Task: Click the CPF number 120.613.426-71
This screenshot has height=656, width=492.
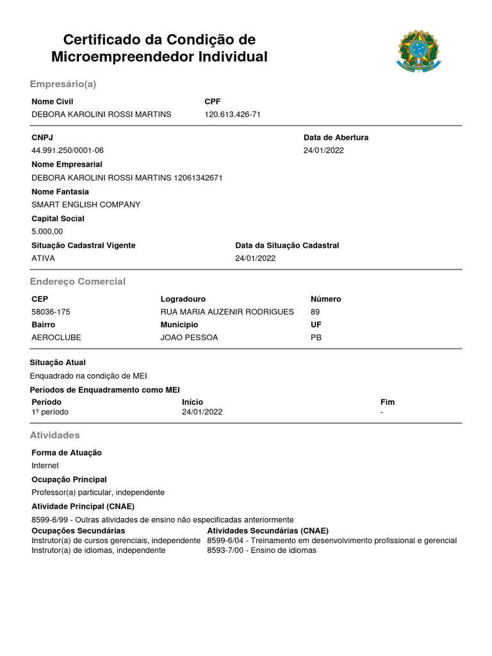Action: tap(232, 115)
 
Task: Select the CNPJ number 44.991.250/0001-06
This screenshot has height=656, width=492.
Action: tap(67, 151)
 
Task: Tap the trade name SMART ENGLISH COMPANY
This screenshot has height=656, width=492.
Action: tap(86, 205)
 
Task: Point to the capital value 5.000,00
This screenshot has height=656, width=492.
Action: tap(47, 232)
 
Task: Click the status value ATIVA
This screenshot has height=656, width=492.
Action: tap(43, 259)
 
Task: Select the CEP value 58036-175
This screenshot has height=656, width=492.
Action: tap(51, 312)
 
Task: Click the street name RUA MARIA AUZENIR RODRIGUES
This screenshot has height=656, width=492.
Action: tap(227, 312)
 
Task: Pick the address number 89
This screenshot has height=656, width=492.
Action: tap(315, 312)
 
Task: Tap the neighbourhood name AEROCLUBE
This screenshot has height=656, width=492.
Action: tap(56, 338)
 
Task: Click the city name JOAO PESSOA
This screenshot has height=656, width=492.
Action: tap(189, 338)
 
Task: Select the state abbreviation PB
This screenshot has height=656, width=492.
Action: tap(316, 338)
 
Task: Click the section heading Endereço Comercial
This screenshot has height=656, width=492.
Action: tap(78, 282)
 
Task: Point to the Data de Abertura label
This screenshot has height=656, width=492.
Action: tap(336, 138)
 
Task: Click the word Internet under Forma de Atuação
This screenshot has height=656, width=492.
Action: tap(45, 466)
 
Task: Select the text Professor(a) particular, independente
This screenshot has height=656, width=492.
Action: tap(98, 493)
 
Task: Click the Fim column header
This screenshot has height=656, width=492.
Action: tap(388, 402)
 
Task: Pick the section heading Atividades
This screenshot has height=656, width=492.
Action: tap(55, 436)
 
